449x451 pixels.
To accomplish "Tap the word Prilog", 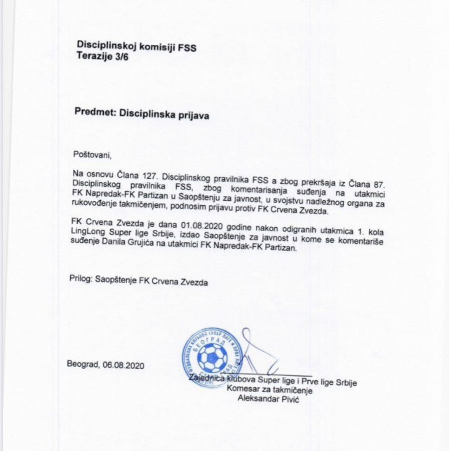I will pos(80,282).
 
